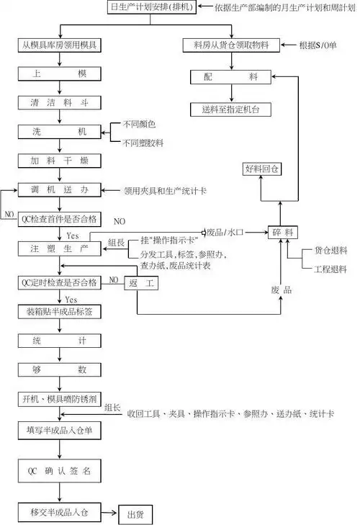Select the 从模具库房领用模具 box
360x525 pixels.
(60, 45)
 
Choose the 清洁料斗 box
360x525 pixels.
(60, 102)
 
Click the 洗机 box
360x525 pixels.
(60, 131)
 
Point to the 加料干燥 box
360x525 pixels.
(60, 161)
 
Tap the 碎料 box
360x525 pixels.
(282, 233)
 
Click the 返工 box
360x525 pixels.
(141, 284)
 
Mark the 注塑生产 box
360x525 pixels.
(60, 248)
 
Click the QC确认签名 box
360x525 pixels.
(60, 471)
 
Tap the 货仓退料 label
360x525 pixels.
(330, 251)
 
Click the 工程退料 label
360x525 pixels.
(330, 269)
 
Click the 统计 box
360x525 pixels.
(60, 341)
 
